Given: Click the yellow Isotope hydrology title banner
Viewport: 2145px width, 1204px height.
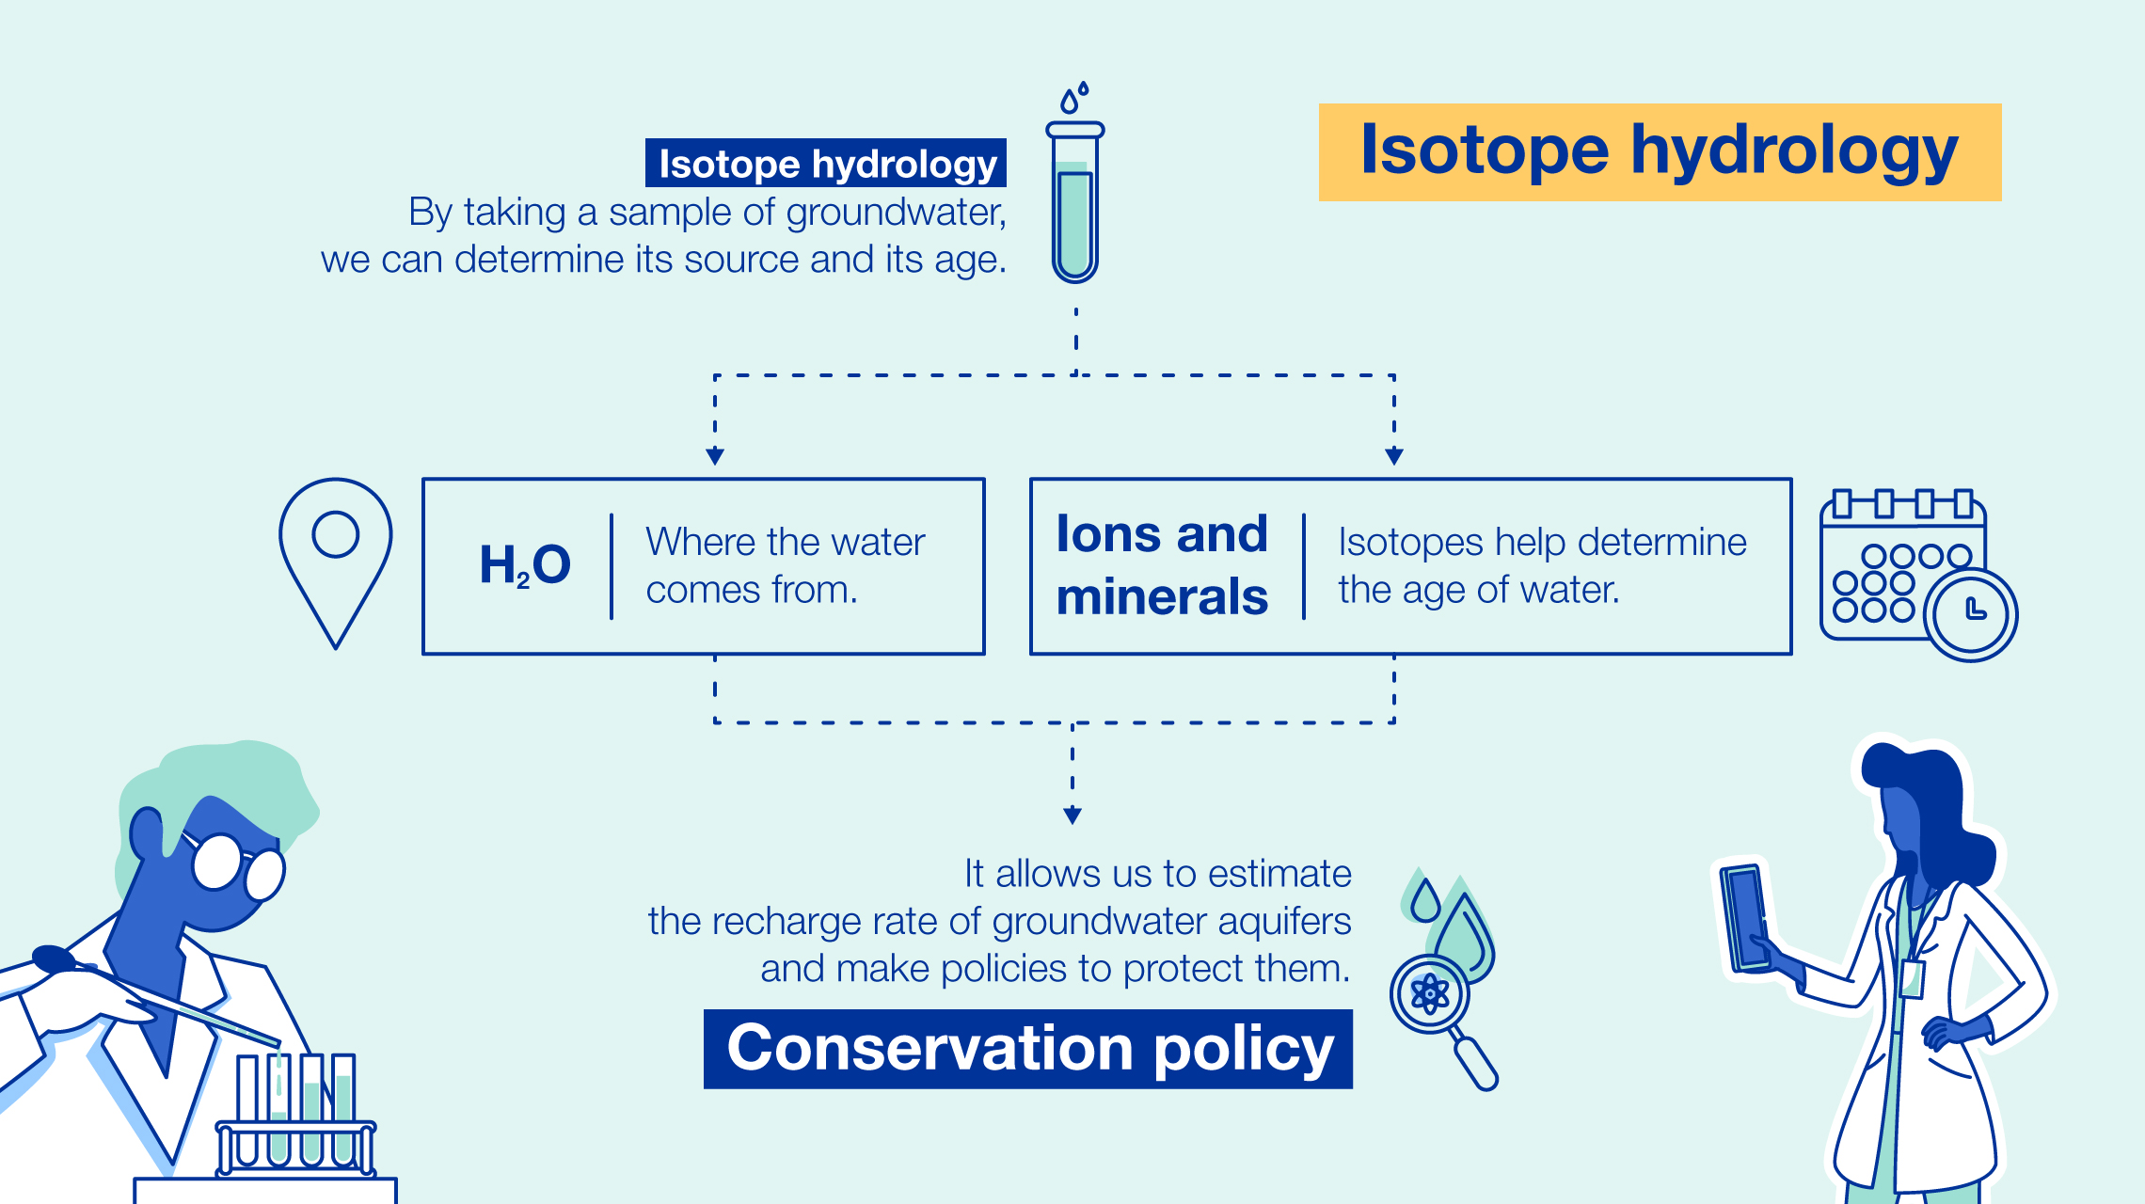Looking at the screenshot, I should point(1659,151).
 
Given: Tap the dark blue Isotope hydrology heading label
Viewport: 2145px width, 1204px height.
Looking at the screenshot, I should point(826,164).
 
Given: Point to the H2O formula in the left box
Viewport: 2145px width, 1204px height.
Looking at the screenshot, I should point(525,565).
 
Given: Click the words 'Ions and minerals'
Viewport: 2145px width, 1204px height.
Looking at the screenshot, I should point(1162,565).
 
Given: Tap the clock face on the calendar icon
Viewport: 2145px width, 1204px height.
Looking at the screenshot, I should point(1971,614).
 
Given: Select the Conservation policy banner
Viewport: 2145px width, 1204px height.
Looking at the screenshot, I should point(1028,1049).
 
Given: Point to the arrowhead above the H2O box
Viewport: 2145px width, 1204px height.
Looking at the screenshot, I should point(715,457).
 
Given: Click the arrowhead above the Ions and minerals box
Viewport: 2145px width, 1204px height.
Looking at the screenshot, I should point(1394,457).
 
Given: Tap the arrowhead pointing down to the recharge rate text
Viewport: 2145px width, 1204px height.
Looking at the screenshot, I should point(1072,816).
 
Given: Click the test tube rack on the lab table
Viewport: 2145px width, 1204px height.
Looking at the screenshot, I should point(296,1143).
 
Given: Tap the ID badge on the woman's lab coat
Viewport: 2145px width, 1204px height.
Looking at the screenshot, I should point(1911,978).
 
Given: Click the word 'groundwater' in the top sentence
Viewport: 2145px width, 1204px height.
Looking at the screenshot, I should point(895,213).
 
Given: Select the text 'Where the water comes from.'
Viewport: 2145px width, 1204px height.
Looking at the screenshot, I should point(785,565).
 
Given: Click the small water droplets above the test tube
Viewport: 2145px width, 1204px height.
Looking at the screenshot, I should point(1074,97).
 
